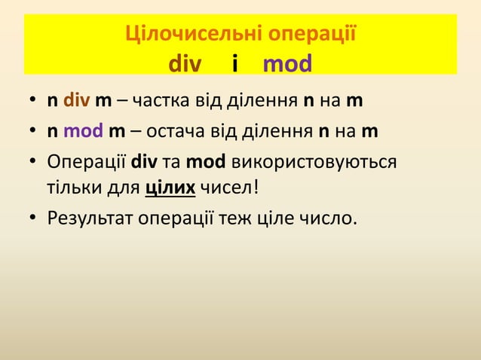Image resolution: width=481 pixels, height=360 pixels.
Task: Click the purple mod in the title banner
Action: point(287,65)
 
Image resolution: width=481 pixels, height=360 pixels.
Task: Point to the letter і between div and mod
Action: point(236,65)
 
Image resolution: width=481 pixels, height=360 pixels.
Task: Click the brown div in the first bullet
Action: point(75,101)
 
